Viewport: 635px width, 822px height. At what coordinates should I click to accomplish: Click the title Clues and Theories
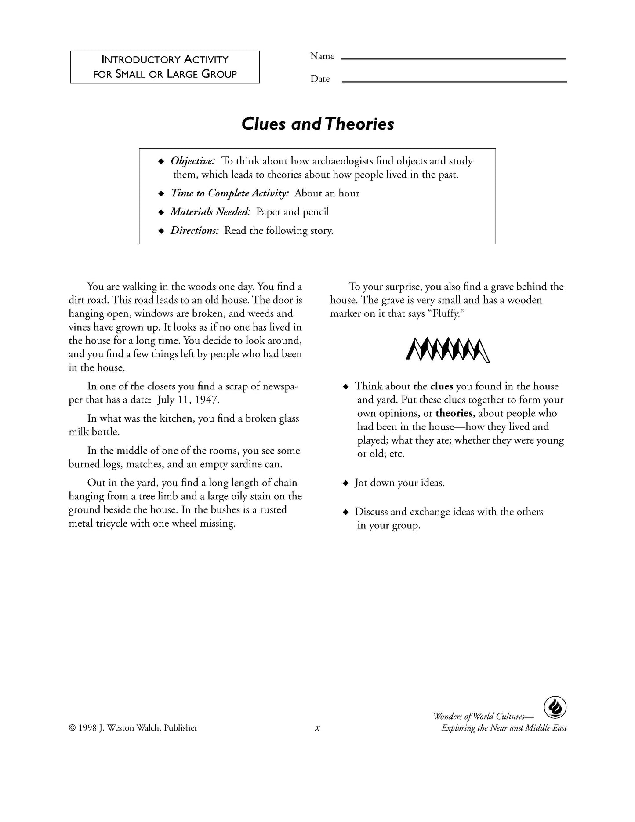[317, 124]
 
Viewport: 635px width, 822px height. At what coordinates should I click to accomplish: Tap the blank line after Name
[454, 58]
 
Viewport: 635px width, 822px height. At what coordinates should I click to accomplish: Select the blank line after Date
[454, 81]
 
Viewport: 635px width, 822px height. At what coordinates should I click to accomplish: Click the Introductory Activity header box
[165, 67]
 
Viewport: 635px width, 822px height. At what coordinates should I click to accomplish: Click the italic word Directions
[194, 231]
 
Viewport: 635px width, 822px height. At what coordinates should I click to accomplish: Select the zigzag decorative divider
[448, 349]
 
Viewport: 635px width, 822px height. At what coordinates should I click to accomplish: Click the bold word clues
[442, 386]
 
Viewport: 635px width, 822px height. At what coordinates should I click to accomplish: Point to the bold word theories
[454, 413]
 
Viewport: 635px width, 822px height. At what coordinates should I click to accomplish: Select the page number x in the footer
[317, 728]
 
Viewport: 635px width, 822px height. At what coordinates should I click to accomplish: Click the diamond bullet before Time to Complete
[161, 194]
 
